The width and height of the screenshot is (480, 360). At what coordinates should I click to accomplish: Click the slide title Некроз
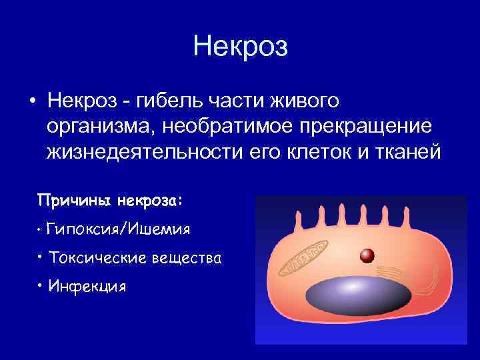pyautogui.click(x=240, y=47)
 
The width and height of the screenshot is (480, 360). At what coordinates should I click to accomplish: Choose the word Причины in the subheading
pyautogui.click(x=74, y=200)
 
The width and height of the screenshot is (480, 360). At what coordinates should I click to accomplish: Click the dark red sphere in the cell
pyautogui.click(x=365, y=255)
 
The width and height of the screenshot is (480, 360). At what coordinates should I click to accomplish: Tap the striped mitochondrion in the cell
pyautogui.click(x=304, y=256)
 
